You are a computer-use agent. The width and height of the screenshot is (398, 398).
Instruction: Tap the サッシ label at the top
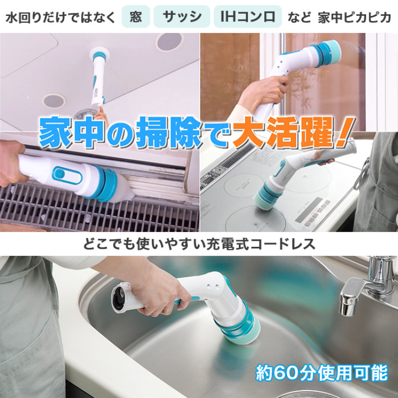point(181,17)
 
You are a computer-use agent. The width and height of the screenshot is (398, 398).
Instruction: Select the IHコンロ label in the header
point(247,17)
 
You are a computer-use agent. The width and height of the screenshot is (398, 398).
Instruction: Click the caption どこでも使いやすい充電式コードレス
point(199,245)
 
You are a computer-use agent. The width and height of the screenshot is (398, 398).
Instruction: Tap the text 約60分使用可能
point(322,373)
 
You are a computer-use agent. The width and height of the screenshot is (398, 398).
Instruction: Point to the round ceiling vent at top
point(169,41)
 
